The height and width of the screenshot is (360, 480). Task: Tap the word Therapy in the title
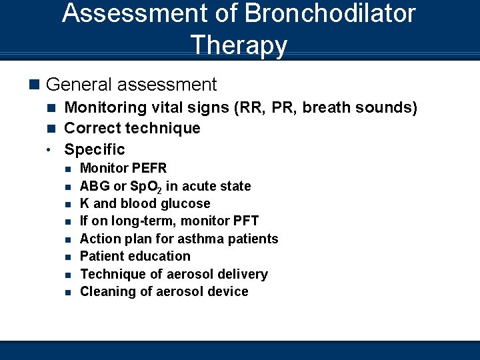[x=239, y=45]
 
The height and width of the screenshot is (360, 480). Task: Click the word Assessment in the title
[x=133, y=13]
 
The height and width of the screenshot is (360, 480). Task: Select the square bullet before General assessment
[x=35, y=85]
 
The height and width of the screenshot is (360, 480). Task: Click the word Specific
[x=94, y=149]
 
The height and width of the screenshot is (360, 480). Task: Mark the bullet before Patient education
[x=68, y=257]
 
